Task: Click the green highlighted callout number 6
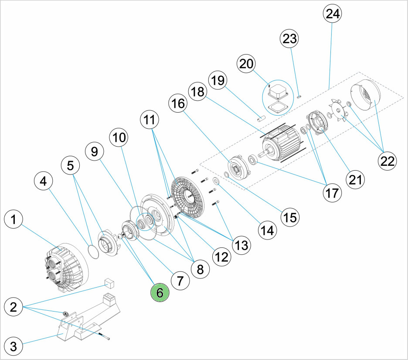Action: pos(160,293)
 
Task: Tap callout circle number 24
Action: pos(332,14)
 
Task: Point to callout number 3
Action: pos(14,347)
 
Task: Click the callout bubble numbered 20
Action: pos(246,64)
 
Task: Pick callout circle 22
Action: pos(387,160)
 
